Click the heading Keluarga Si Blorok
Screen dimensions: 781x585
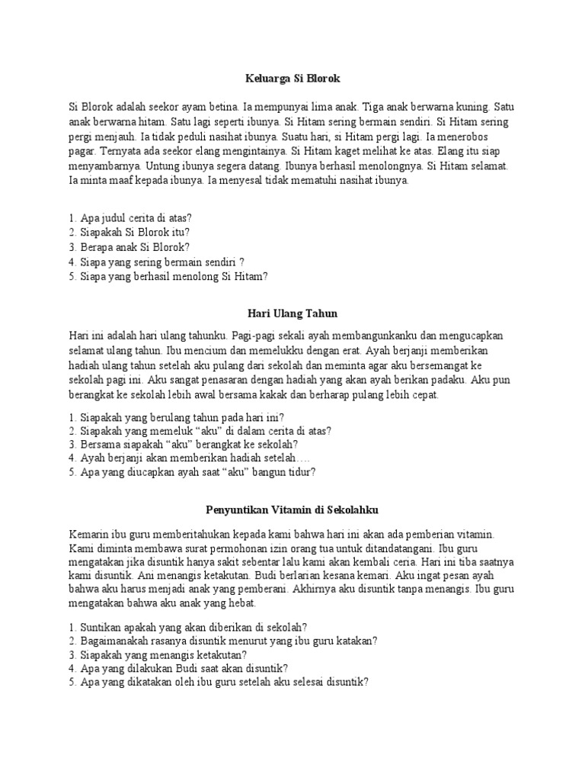tap(292, 78)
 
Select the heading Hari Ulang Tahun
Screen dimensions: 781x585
tap(292, 313)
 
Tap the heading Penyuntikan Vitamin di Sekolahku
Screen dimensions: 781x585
tap(292, 508)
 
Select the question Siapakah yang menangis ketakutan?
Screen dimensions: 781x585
tap(161, 654)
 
